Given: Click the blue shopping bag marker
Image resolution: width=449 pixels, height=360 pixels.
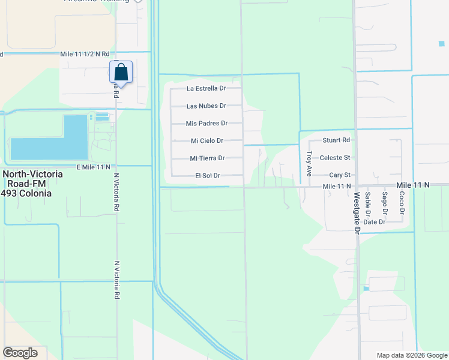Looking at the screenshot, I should point(121,72).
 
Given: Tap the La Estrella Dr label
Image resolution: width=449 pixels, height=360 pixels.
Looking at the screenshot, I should point(206,88).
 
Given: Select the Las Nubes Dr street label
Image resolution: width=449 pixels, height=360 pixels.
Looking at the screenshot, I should point(206,106).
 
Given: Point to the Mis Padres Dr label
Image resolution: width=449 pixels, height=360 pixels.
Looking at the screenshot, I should point(206,123).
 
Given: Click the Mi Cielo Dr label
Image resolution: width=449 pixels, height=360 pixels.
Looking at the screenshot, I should point(207,140).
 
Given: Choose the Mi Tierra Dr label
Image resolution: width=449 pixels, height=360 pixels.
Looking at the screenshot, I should point(207,158).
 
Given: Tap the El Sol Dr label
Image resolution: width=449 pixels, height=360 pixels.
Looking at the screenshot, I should point(208,176).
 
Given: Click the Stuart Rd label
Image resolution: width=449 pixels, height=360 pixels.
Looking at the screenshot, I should point(336,140).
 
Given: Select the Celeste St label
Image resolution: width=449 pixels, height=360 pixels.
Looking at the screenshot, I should point(335,158).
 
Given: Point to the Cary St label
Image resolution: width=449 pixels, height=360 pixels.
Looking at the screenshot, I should point(339,175).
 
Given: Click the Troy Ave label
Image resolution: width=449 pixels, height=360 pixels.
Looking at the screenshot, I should point(309,161).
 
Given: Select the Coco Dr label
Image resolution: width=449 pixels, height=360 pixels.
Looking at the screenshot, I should point(402,202).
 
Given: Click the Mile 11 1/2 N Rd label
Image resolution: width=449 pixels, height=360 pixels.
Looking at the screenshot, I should point(89,54).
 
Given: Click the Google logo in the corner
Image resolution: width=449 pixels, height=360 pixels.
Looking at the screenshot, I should point(20,352).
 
